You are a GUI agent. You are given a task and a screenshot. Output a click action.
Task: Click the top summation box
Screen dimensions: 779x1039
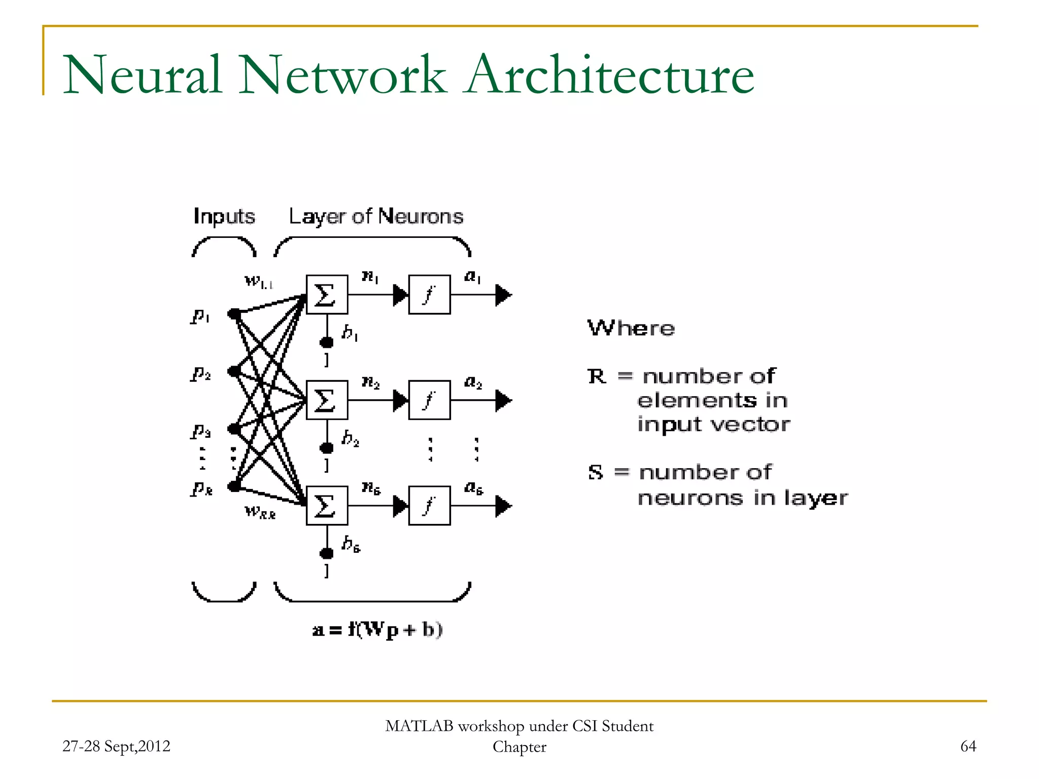point(327,295)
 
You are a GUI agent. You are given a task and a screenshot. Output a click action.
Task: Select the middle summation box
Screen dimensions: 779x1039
point(327,400)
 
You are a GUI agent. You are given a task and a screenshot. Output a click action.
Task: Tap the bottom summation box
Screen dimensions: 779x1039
point(327,506)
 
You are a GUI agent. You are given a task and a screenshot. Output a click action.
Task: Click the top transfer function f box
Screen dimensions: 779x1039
point(429,295)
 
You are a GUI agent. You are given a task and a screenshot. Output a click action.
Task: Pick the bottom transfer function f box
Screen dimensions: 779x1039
point(429,506)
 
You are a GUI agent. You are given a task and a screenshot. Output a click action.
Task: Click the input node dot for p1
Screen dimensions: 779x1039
point(234,314)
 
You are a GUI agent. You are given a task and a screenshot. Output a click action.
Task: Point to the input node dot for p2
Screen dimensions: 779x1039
point(234,371)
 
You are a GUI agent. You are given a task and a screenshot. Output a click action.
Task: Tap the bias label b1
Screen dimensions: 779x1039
point(350,333)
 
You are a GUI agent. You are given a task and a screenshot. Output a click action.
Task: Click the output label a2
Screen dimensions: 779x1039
point(473,382)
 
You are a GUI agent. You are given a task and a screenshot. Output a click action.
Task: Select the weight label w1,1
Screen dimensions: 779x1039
point(259,281)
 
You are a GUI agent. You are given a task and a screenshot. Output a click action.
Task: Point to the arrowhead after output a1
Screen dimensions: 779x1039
point(503,295)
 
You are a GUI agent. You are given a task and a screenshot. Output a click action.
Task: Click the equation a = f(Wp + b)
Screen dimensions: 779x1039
point(377,630)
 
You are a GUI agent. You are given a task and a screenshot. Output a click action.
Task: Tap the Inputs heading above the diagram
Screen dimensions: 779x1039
point(224,217)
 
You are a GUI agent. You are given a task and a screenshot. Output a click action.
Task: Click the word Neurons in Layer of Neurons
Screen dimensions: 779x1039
point(421,217)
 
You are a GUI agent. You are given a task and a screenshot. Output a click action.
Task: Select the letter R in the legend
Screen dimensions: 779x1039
point(597,377)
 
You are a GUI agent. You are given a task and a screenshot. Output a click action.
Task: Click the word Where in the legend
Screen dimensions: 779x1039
point(631,329)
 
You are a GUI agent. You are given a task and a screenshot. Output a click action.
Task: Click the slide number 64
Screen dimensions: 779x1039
point(968,746)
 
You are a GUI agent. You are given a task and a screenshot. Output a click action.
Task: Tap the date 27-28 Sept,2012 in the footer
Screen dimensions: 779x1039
point(116,746)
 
